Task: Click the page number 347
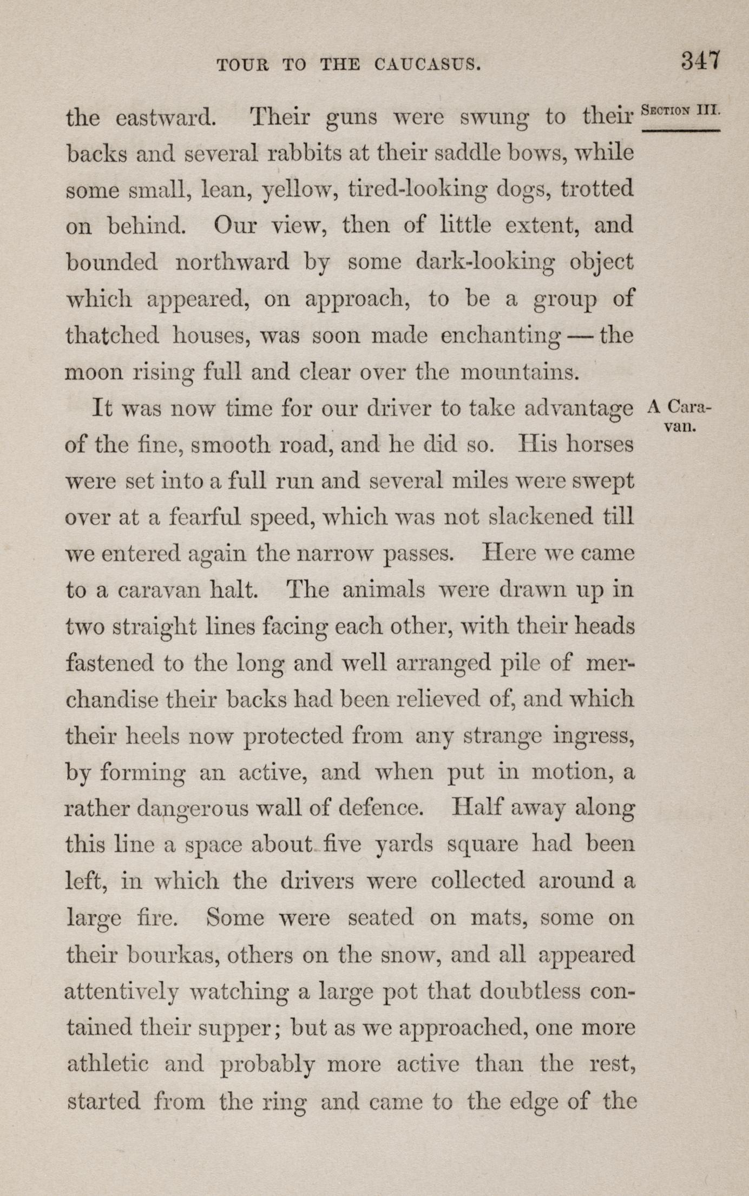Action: (700, 60)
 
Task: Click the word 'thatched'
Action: (112, 336)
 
